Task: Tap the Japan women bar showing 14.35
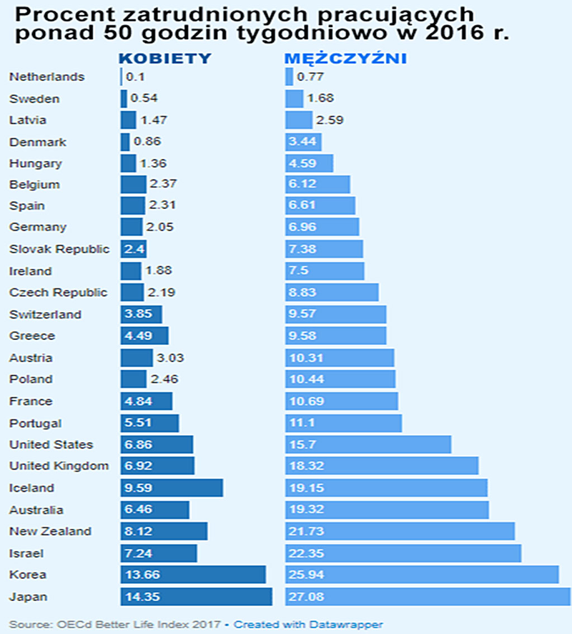pyautogui.click(x=196, y=597)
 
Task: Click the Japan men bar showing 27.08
pyautogui.click(x=427, y=597)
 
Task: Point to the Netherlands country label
pyautogui.click(x=46, y=77)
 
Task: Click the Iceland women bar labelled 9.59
pyautogui.click(x=172, y=488)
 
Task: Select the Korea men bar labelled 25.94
pyautogui.click(x=421, y=575)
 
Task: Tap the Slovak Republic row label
pyautogui.click(x=59, y=249)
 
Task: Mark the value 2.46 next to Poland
pyautogui.click(x=162, y=379)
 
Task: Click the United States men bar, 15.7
pyautogui.click(x=368, y=444)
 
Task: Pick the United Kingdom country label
pyautogui.click(x=59, y=466)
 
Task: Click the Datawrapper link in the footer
pyautogui.click(x=308, y=624)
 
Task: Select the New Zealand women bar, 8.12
pyautogui.click(x=164, y=531)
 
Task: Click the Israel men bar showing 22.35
pyautogui.click(x=403, y=553)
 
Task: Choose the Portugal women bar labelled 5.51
pyautogui.click(x=149, y=423)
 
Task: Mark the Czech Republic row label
pyautogui.click(x=59, y=293)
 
